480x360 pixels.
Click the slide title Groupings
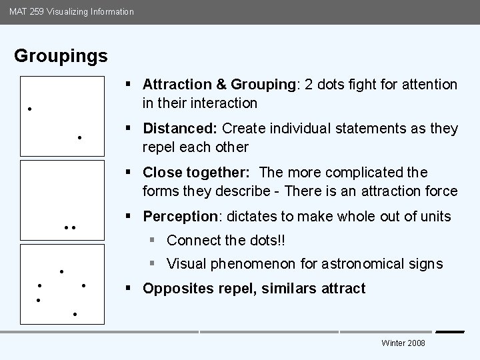(x=61, y=56)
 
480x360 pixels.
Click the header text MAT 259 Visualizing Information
(x=71, y=11)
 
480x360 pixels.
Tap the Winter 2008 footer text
(x=403, y=343)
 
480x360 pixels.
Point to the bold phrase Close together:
(x=196, y=173)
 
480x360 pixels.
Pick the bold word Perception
(x=180, y=217)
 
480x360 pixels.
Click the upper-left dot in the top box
(x=29, y=109)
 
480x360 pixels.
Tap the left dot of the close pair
(x=66, y=228)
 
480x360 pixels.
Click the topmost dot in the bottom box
(x=61, y=271)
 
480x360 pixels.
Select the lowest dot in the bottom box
(x=75, y=313)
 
